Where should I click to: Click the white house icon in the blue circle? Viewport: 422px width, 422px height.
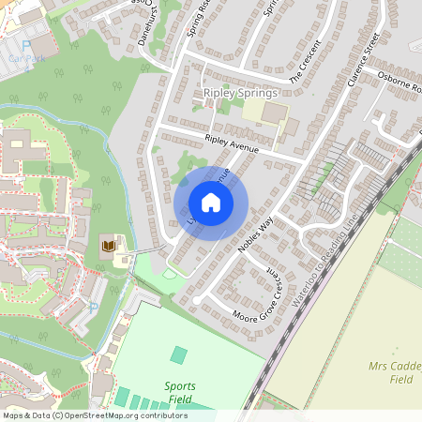coord(211,203)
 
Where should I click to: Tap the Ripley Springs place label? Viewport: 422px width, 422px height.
coord(240,94)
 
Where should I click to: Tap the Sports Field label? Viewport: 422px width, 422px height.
coord(180,392)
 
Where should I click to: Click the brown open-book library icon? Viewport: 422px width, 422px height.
coord(109,246)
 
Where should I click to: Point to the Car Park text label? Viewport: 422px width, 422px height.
coord(25,57)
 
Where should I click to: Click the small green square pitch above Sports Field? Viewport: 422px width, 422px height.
coord(178,355)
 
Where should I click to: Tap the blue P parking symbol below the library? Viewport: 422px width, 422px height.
coord(93,307)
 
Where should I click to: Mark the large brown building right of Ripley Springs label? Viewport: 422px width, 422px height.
coord(275,113)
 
